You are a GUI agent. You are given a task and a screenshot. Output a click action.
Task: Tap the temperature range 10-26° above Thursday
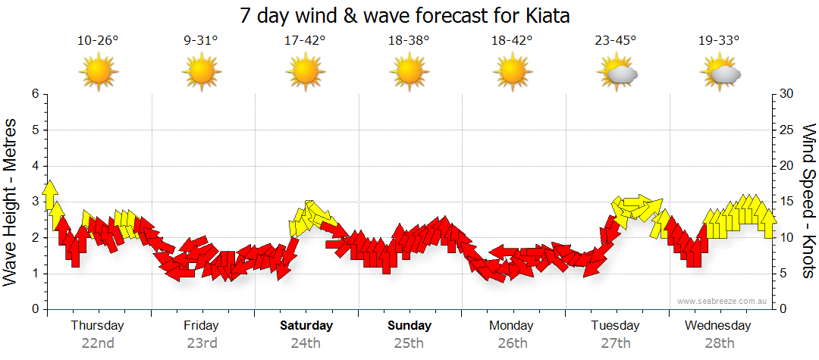(x=98, y=41)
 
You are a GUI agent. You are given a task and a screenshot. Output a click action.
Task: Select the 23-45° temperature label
(x=616, y=41)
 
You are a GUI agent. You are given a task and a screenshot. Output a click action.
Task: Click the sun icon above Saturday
(x=305, y=72)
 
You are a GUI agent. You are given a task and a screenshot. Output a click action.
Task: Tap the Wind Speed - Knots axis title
(x=808, y=201)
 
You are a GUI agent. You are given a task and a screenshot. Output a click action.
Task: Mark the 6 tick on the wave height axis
(x=35, y=94)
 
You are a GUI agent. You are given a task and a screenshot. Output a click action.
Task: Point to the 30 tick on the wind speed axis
(x=787, y=94)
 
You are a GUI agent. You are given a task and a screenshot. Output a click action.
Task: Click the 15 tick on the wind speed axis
(x=787, y=202)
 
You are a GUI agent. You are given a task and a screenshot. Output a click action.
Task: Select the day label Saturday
(x=306, y=326)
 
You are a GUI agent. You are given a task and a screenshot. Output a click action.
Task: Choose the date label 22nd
(x=98, y=343)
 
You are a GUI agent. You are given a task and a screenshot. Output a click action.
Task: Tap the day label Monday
(x=512, y=326)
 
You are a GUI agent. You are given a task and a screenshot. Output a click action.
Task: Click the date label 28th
(x=719, y=343)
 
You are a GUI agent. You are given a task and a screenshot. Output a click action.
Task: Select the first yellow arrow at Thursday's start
(x=51, y=194)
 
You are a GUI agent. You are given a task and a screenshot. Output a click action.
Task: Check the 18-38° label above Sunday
(x=409, y=41)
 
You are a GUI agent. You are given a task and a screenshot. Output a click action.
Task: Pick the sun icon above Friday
(x=201, y=72)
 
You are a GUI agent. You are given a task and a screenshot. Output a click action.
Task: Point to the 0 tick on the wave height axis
(x=35, y=310)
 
